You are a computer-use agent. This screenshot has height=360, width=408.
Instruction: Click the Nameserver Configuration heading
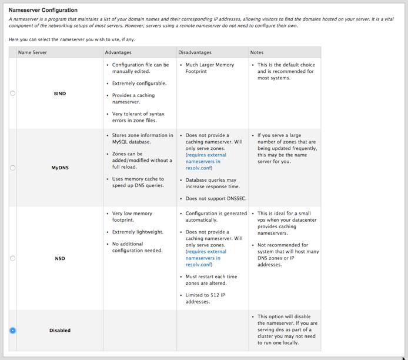43,11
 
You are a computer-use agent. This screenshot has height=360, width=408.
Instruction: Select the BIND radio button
13,94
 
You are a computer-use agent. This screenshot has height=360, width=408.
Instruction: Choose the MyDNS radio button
13,168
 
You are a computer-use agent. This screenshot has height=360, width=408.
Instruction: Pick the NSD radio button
13,258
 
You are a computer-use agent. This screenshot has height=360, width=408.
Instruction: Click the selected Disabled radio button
13,331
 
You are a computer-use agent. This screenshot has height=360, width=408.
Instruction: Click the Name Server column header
33,53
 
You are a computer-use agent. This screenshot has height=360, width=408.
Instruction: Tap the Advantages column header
118,53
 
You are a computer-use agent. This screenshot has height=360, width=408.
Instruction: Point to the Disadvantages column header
196,53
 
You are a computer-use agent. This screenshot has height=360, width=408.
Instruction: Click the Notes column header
257,53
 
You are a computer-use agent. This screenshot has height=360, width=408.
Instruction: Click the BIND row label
60,94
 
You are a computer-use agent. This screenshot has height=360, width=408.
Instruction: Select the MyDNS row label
60,168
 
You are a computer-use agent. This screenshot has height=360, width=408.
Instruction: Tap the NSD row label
60,258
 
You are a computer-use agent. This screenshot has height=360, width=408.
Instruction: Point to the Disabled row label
60,331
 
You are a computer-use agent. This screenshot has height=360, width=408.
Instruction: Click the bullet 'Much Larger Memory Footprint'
209,68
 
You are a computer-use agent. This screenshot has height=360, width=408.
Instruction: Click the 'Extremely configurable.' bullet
139,84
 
